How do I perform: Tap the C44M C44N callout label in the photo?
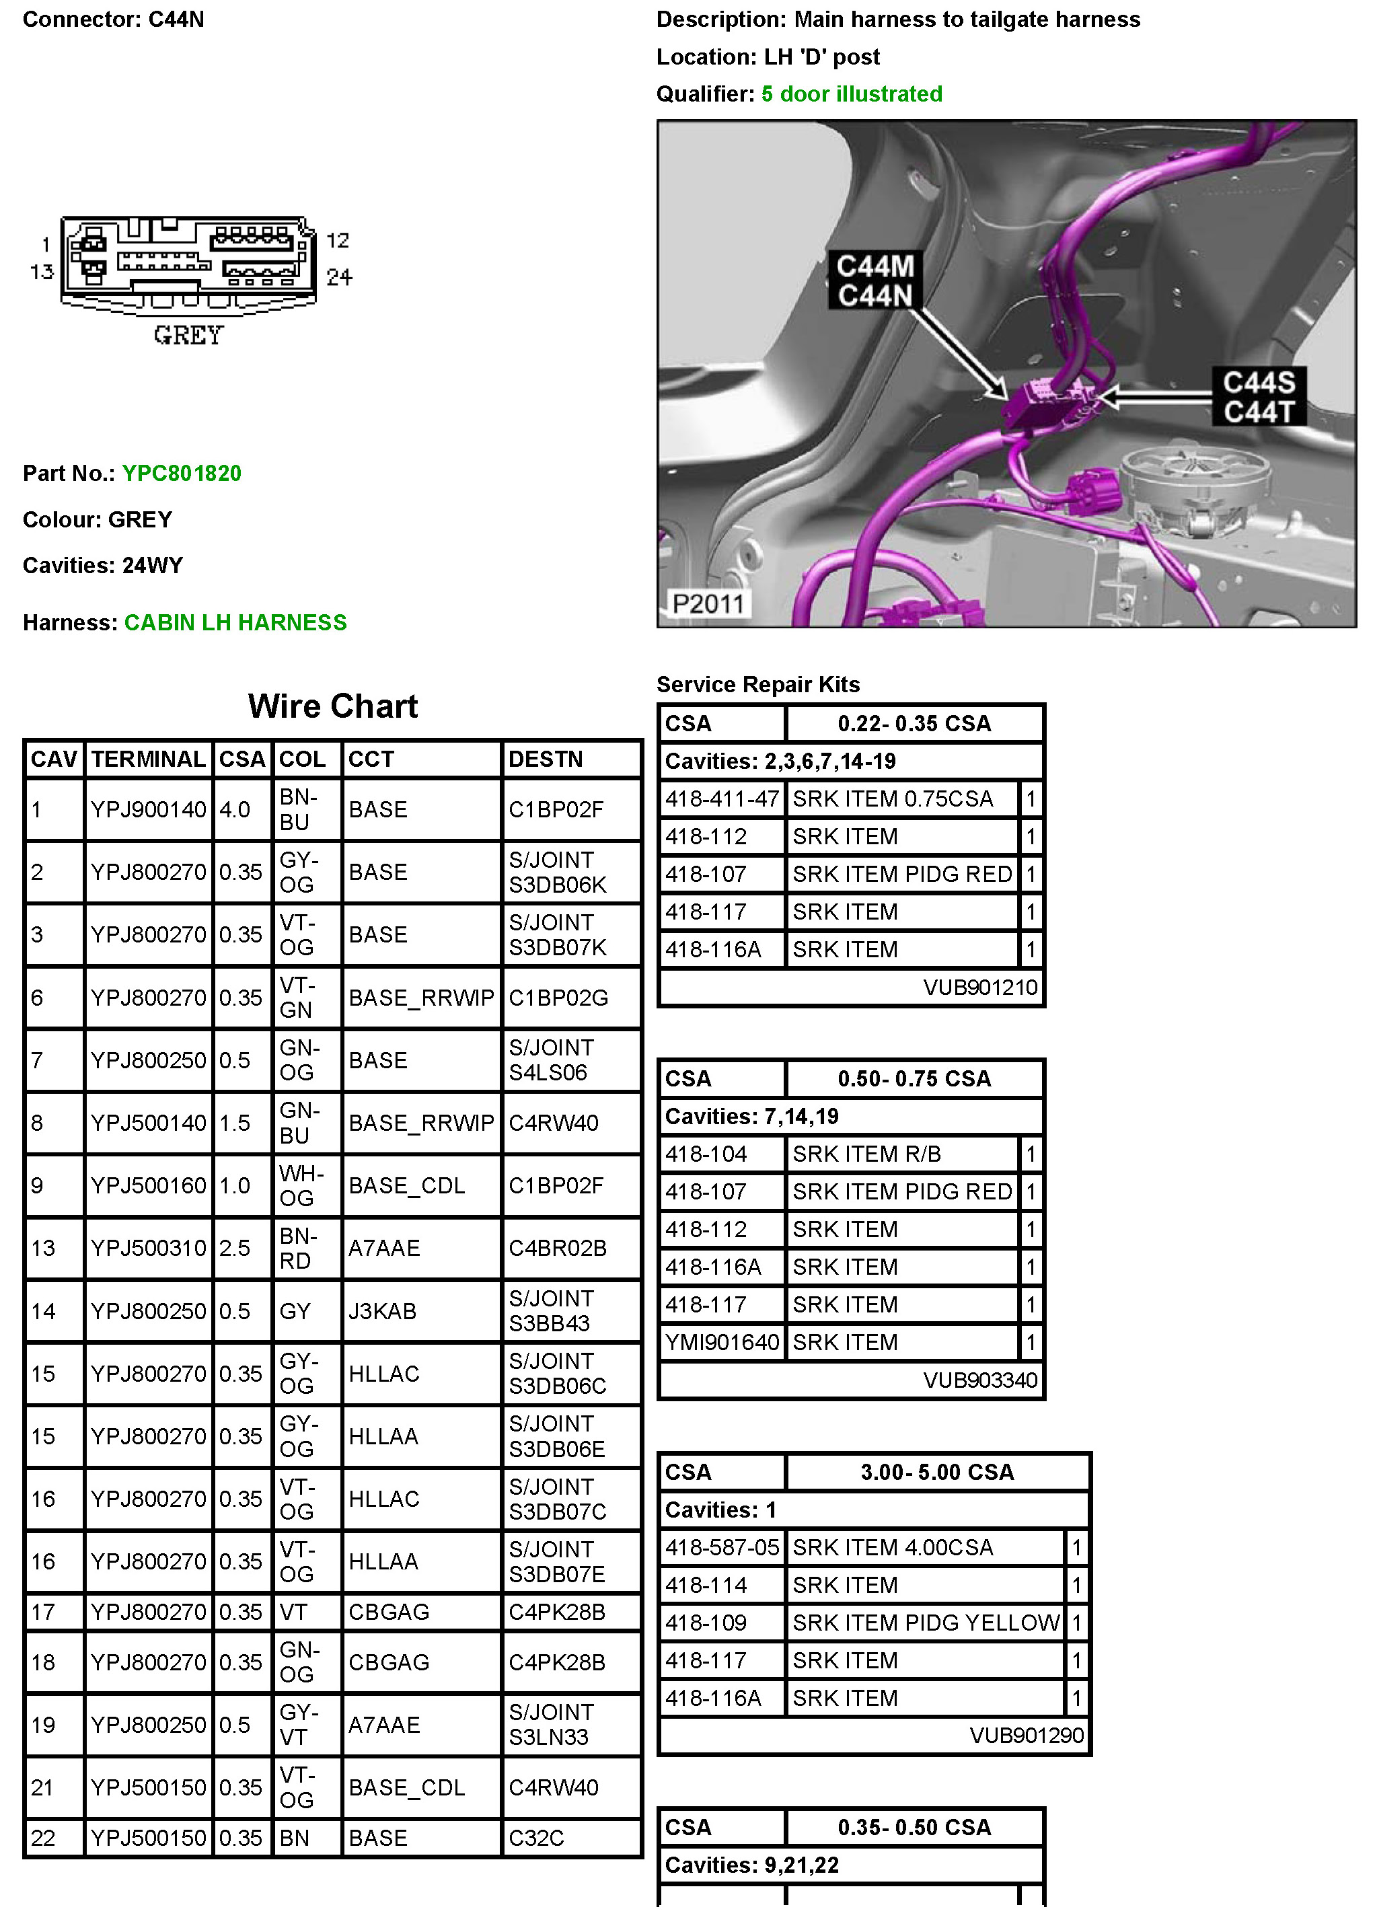tap(875, 281)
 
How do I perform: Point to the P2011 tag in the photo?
tap(707, 603)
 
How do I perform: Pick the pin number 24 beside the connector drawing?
tap(338, 277)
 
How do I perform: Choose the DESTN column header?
tap(546, 759)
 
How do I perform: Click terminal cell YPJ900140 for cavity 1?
tap(148, 809)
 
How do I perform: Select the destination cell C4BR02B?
tap(557, 1248)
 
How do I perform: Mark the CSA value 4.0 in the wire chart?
tap(235, 809)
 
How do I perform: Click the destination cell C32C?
tap(536, 1838)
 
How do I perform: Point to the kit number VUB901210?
tap(979, 987)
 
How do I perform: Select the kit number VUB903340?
tap(979, 1380)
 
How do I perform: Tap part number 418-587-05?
tap(721, 1548)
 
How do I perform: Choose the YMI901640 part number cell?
tap(721, 1342)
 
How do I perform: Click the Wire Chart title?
tap(333, 706)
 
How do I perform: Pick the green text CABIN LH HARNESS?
tap(235, 622)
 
